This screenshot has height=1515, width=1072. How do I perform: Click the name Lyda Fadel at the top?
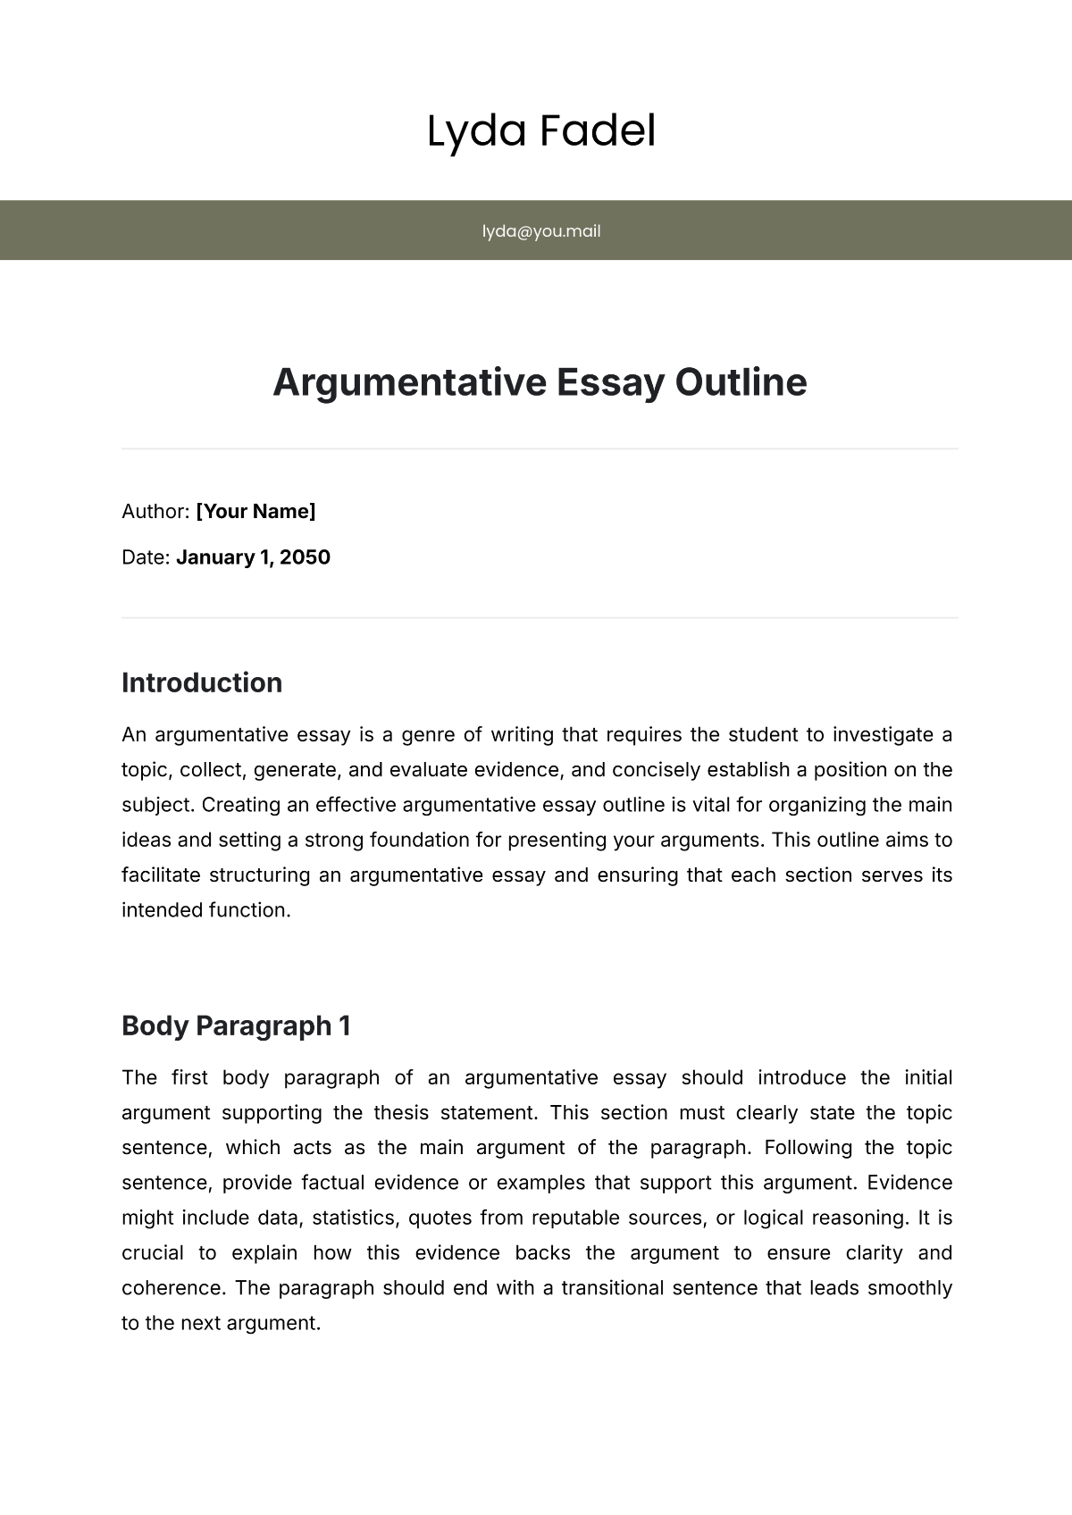point(540,131)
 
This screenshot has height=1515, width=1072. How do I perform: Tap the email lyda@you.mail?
point(540,231)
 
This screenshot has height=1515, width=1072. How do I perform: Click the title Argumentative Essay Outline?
point(540,382)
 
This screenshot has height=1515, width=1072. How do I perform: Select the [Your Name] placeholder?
point(255,511)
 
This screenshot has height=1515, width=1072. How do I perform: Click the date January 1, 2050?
point(253,557)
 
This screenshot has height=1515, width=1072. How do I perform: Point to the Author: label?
point(155,511)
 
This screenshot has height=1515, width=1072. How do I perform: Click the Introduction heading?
point(202,682)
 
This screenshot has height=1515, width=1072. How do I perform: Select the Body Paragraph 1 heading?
point(236,1025)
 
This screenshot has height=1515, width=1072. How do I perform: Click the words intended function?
point(205,910)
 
